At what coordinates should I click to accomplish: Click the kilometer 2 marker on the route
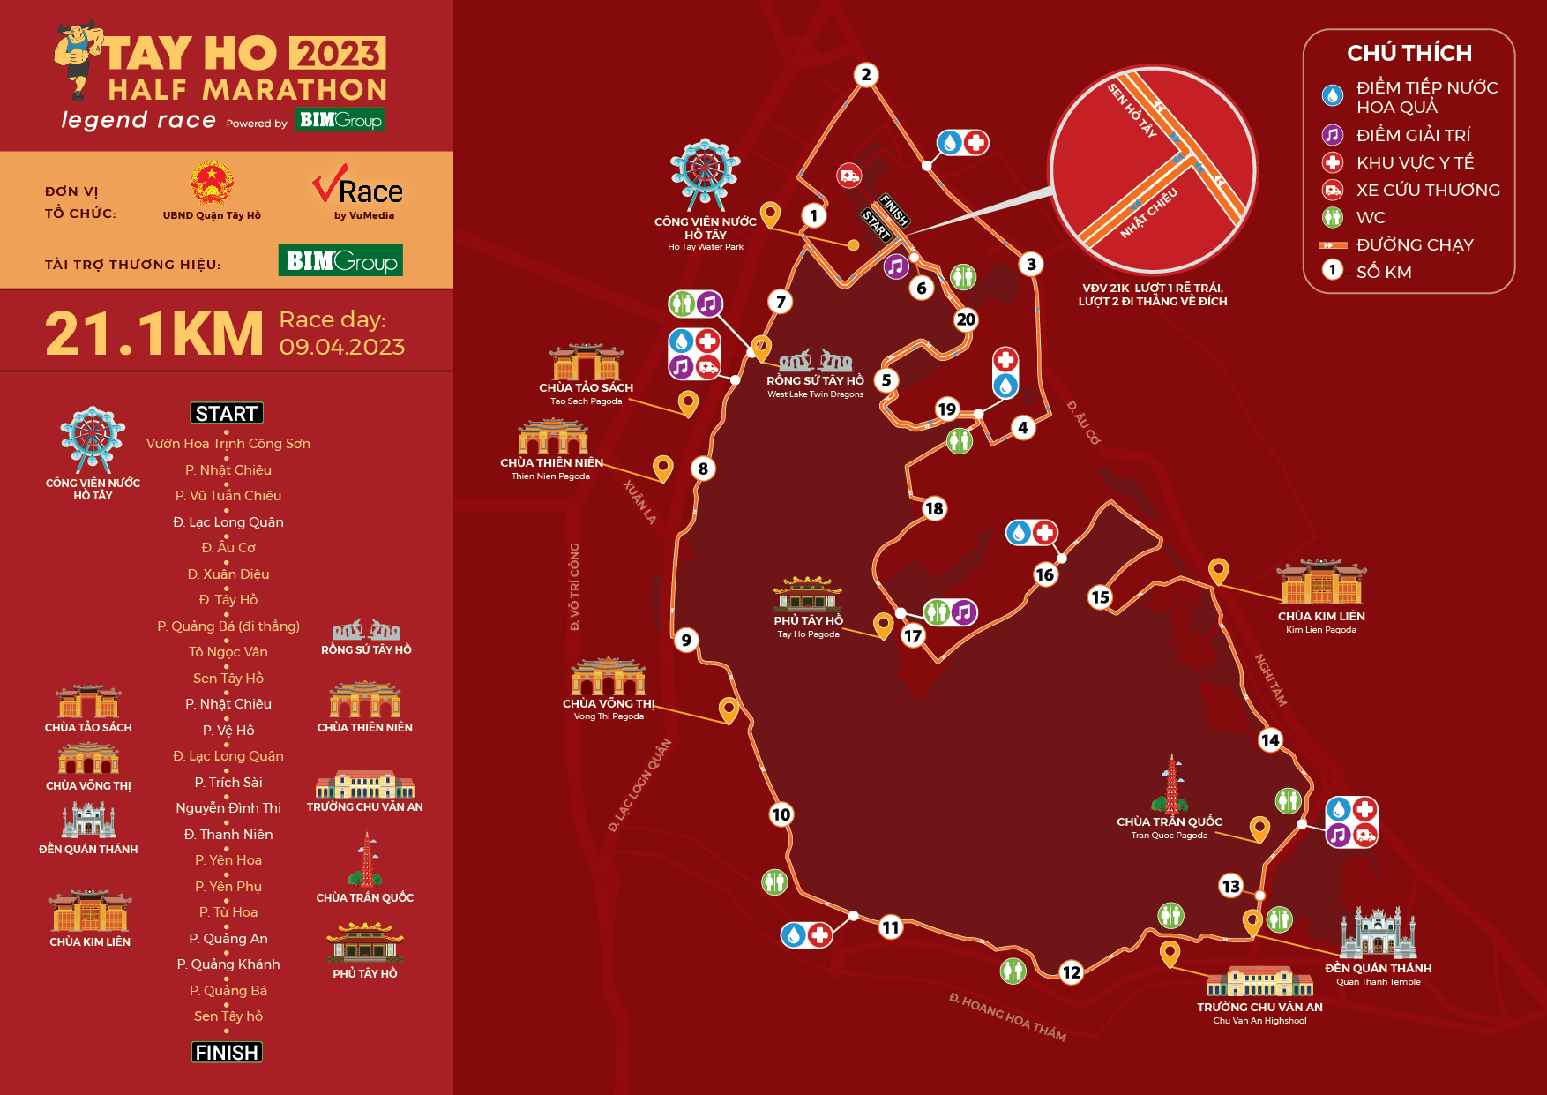point(866,75)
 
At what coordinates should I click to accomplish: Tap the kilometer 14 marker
point(1270,740)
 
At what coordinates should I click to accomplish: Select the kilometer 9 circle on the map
point(686,640)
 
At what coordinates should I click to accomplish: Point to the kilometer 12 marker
point(1071,972)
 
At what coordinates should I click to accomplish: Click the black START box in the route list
point(227,413)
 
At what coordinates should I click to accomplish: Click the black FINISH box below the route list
point(227,1052)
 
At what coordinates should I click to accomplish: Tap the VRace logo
point(357,192)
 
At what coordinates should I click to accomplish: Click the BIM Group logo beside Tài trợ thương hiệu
point(340,260)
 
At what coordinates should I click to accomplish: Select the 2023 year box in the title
point(338,54)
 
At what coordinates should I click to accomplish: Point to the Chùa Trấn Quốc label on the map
point(1170,822)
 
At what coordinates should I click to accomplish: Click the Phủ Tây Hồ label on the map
point(808,621)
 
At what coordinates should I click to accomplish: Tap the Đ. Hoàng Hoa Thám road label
point(1007,1016)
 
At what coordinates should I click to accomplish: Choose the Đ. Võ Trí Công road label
point(574,587)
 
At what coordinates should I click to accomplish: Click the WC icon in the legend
point(1332,217)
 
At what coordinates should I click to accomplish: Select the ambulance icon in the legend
point(1332,190)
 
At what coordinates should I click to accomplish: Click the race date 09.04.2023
point(342,347)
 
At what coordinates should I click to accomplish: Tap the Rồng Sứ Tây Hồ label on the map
point(815,381)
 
